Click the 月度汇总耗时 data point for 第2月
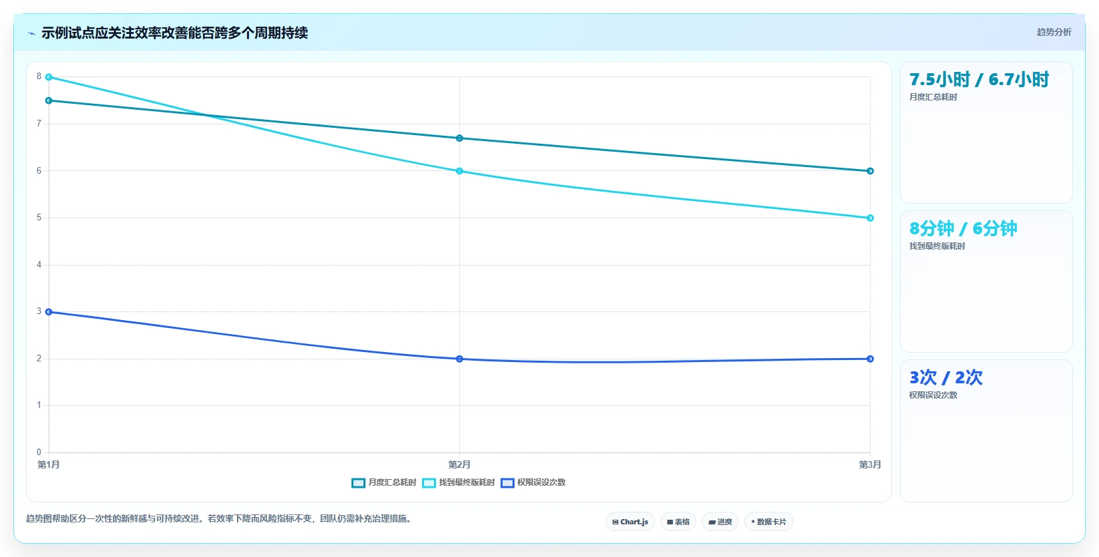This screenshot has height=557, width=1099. [459, 138]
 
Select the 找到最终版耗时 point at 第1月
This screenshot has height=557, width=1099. [49, 77]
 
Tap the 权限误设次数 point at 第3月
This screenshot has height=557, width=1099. [870, 359]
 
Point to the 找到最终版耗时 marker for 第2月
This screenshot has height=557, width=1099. [459, 171]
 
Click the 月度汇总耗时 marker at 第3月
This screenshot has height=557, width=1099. [870, 171]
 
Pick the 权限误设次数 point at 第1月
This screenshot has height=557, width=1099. [49, 312]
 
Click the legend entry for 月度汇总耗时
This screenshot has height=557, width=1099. [383, 482]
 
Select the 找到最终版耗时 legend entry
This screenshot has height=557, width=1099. [458, 482]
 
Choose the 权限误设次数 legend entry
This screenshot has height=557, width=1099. [533, 482]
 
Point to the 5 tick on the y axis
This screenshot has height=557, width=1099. [39, 217]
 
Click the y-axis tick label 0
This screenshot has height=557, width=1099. [39, 452]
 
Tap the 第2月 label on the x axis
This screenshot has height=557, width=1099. [459, 464]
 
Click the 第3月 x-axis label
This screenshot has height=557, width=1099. [870, 464]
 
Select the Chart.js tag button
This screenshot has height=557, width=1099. [630, 522]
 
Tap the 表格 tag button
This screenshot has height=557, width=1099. [678, 522]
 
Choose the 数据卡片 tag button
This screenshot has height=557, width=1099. [768, 522]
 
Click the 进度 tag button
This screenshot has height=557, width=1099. [720, 522]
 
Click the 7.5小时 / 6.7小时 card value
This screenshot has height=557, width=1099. [979, 79]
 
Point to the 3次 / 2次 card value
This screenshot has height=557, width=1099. [945, 377]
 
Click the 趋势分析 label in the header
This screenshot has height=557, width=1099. [1054, 33]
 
